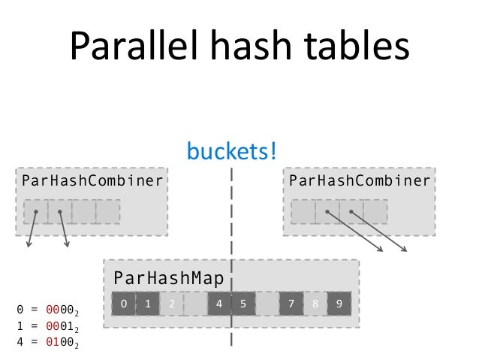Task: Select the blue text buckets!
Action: tap(232, 152)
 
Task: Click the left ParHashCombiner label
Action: tap(92, 180)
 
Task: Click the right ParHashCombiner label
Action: tap(359, 180)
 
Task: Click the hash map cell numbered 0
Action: tap(124, 304)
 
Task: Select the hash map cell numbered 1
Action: tap(148, 304)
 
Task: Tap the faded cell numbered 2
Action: tap(172, 304)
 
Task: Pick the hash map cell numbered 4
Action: tap(219, 304)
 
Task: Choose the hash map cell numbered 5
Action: tap(243, 304)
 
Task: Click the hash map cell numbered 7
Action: tap(291, 304)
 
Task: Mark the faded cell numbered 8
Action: tap(315, 304)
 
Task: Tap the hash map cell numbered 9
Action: tap(339, 304)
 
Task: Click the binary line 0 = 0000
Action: tap(47, 309)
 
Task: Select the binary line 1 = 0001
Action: tap(47, 325)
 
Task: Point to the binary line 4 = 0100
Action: tap(47, 342)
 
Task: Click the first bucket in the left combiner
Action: tap(35, 212)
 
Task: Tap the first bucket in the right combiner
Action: tap(303, 212)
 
